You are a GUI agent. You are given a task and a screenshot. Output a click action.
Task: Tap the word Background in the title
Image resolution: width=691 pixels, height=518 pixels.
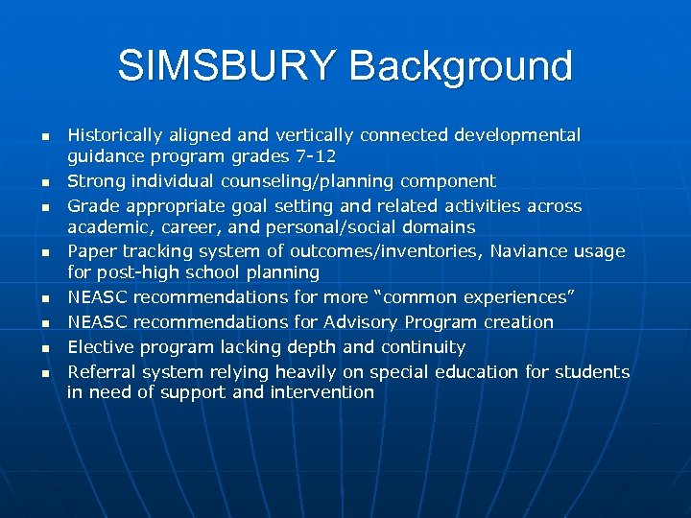(462, 66)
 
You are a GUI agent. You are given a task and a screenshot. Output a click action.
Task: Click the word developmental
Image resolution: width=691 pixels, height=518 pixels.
(519, 135)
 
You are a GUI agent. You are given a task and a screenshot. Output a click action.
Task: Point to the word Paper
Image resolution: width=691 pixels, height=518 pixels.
(89, 251)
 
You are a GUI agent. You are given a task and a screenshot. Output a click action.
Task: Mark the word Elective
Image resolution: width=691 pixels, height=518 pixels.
(98, 347)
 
